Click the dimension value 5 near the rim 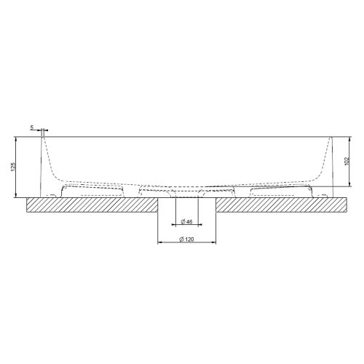[x=32, y=128]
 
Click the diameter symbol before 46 [x=182, y=221]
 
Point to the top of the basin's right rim [x=331, y=137]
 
